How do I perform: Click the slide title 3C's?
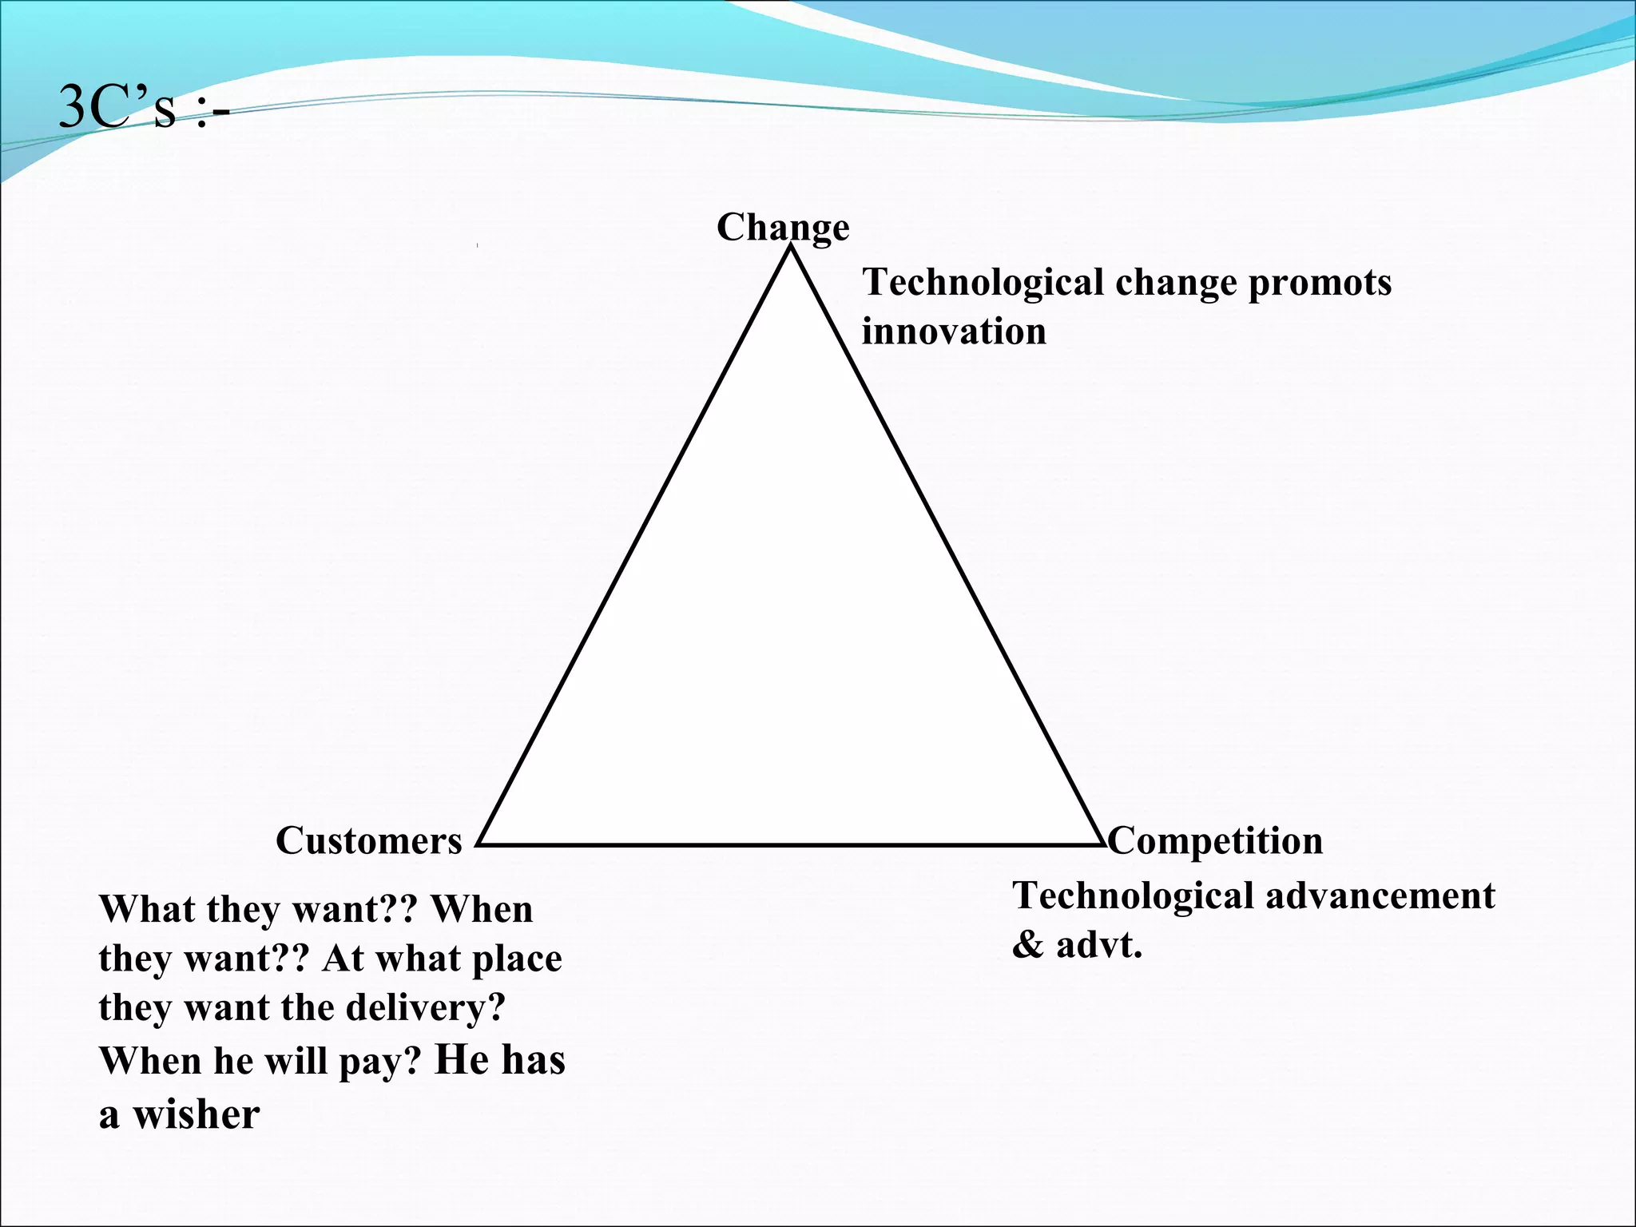[x=144, y=108]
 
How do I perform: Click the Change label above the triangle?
[x=782, y=228]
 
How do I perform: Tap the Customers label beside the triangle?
[x=369, y=840]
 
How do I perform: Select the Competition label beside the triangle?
[x=1215, y=840]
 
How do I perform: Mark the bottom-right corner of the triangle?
[x=1101, y=844]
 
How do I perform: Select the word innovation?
[x=954, y=332]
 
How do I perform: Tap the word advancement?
[x=1380, y=896]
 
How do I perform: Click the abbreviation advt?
[x=1099, y=946]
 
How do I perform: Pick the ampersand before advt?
[x=1027, y=946]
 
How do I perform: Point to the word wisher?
[x=196, y=1114]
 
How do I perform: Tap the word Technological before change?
[x=983, y=283]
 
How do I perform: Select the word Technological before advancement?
[x=1134, y=896]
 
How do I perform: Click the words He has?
[x=499, y=1060]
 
